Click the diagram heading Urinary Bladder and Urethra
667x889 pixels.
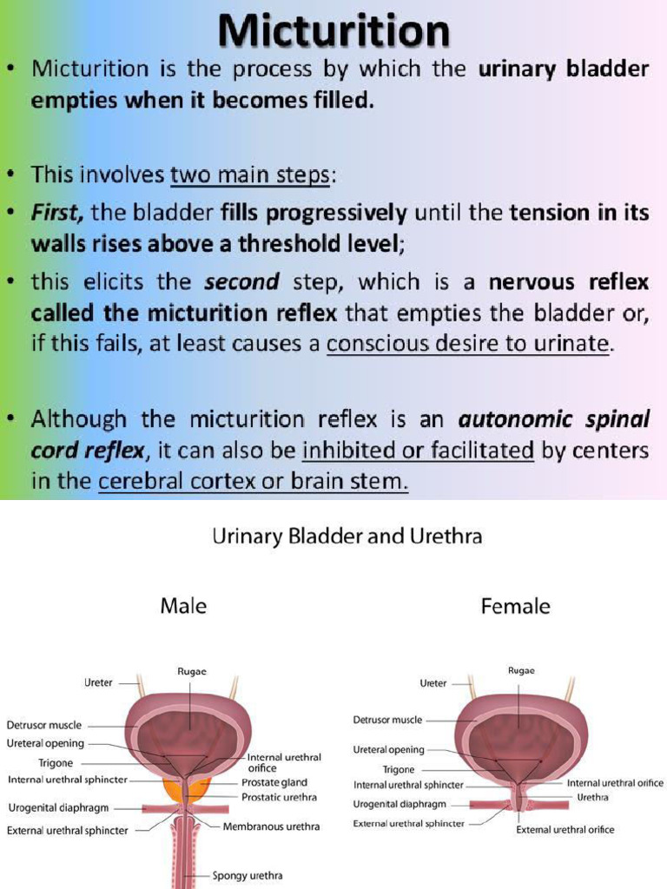click(x=347, y=537)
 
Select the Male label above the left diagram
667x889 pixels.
click(x=183, y=606)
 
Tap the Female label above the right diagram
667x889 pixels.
click(x=515, y=606)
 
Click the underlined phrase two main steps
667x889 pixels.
click(x=249, y=175)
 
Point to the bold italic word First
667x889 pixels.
click(x=58, y=212)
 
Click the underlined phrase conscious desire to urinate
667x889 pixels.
click(x=469, y=344)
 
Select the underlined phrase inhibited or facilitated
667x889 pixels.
click(x=418, y=450)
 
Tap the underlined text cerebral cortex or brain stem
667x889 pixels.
click(x=253, y=482)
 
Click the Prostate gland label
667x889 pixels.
click(x=274, y=782)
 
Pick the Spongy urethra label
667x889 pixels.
click(x=248, y=876)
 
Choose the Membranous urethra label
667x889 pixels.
click(x=271, y=826)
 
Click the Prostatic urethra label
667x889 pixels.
click(x=279, y=797)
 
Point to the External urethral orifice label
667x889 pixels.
click(x=565, y=830)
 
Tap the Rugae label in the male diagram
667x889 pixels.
click(x=192, y=670)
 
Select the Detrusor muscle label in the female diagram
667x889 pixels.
click(x=387, y=720)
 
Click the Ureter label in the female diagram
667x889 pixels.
click(x=433, y=683)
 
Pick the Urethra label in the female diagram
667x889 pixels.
click(x=592, y=797)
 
